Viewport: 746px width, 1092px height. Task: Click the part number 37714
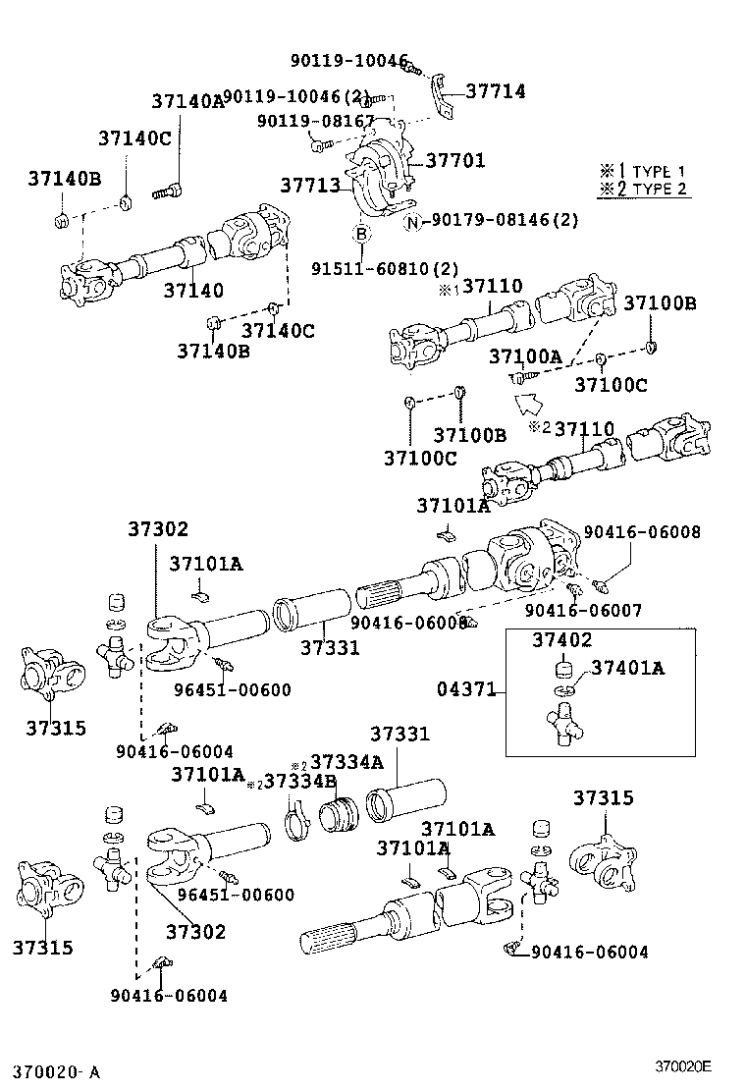pos(496,91)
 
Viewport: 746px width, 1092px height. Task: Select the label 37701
pos(454,160)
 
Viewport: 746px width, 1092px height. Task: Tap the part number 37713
pos(309,186)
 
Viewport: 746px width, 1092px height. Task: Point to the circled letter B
pos(361,234)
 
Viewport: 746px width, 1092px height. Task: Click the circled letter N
pos(413,221)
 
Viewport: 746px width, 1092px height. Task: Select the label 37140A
pos(187,100)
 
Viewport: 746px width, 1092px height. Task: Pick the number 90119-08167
pos(316,121)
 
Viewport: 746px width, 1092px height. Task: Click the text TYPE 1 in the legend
pos(659,171)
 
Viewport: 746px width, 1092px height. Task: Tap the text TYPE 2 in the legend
pos(659,190)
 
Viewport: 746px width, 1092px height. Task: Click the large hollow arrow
pos(529,400)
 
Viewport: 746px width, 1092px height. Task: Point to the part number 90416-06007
pos(583,610)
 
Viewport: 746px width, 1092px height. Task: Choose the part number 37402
pos(561,639)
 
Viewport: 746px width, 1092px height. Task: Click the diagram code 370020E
pos(683,1065)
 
